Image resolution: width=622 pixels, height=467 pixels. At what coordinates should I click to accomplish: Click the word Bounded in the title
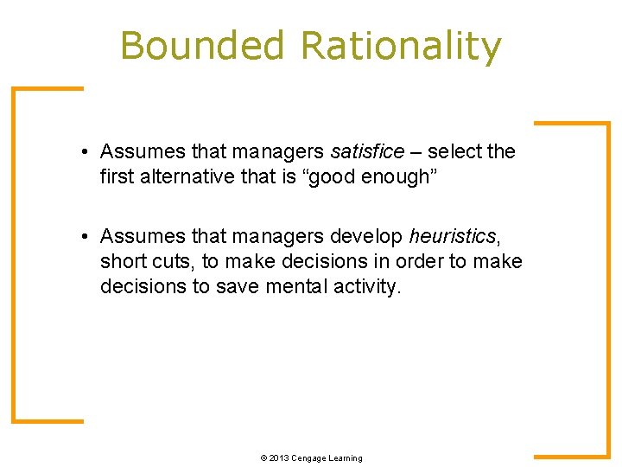202,46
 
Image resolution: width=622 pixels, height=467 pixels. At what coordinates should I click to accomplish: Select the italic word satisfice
367,152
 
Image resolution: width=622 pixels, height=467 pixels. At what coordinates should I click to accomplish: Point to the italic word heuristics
453,237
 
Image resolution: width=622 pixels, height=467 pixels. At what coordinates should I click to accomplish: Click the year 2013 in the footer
278,457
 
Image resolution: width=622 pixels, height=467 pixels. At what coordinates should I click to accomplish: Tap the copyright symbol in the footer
263,457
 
